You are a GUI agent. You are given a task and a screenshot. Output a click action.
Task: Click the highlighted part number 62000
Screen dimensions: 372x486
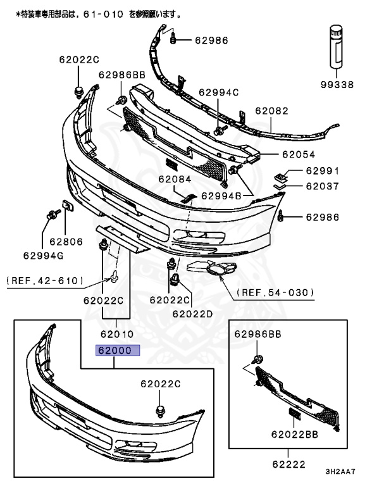pos(118,350)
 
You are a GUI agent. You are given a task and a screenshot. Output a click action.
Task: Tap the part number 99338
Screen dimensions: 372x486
pos(337,84)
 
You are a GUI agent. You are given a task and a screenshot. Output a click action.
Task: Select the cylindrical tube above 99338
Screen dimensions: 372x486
pos(336,46)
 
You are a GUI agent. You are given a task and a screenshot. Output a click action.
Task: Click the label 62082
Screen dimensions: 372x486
pos(271,111)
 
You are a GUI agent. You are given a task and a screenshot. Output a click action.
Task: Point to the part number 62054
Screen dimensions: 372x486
pos(299,154)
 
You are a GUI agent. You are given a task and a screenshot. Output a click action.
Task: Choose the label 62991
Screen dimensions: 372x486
pos(323,171)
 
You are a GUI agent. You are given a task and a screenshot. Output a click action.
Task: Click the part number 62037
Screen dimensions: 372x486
pos(323,186)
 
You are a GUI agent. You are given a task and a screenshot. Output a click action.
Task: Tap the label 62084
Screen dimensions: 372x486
pos(175,179)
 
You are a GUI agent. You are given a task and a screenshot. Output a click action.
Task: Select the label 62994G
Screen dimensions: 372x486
pos(43,256)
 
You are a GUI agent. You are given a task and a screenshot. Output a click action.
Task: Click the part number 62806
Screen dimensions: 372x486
pos(66,242)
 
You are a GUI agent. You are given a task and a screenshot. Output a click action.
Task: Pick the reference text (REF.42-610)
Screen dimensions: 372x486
pos(45,281)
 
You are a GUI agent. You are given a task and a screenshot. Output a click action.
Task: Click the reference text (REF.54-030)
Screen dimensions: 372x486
pos(275,292)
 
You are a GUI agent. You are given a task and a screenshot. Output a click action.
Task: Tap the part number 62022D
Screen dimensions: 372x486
pos(192,314)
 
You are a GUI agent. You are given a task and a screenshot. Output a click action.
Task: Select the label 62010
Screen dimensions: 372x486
pos(117,334)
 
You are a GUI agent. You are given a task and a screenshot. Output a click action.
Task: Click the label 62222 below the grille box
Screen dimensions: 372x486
pos(289,464)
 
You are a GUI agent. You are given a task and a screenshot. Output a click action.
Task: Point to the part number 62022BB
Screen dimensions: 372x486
pos(295,434)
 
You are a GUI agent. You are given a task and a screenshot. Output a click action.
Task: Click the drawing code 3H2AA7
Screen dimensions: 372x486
pos(340,471)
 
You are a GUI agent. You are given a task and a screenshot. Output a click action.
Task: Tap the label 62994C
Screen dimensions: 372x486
pos(218,92)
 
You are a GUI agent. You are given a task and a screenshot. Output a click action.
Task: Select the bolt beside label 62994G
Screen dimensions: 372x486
pos(53,214)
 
